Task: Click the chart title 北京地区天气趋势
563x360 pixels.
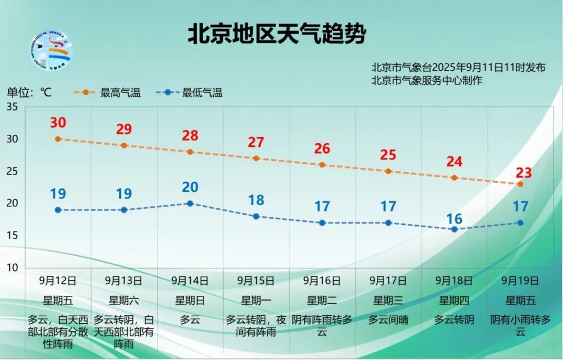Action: tap(277, 34)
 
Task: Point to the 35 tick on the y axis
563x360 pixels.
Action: tap(12, 107)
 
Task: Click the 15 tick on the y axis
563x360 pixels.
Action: tap(12, 235)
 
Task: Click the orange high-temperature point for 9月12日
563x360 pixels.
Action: tap(58, 139)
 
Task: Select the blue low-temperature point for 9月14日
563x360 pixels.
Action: tap(190, 203)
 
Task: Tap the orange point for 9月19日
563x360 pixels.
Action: tap(520, 184)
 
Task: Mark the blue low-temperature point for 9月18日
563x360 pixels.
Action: tap(454, 229)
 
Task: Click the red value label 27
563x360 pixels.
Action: tap(256, 142)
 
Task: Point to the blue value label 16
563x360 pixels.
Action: tap(454, 219)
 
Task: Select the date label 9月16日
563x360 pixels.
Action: tap(322, 281)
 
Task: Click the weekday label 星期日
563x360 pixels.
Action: tap(190, 301)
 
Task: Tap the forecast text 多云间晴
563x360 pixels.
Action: tap(388, 320)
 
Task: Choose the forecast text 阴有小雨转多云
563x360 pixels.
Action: tap(520, 326)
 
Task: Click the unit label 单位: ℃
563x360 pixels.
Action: tap(29, 93)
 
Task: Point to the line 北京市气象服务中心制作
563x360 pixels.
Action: tap(427, 80)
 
